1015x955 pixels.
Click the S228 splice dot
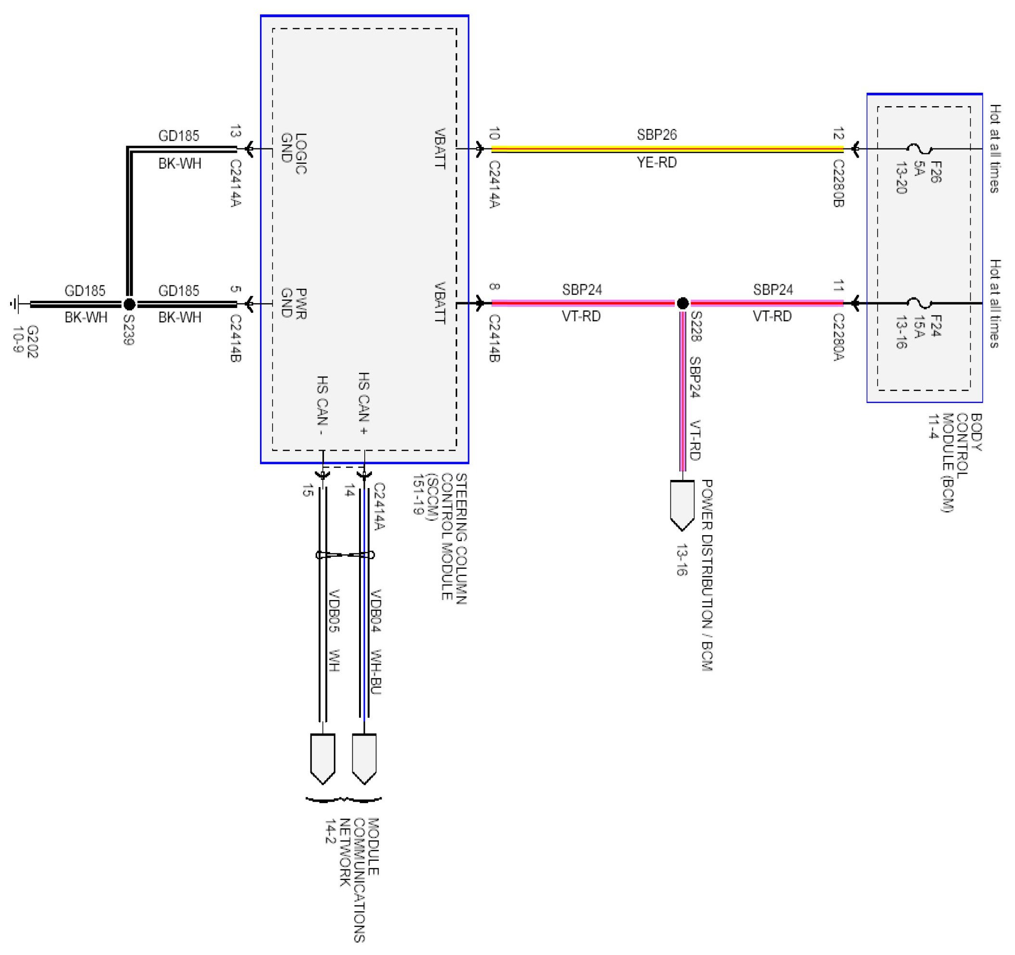click(x=682, y=303)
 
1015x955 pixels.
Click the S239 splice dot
click(x=129, y=304)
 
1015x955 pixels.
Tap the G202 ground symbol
click(x=15, y=304)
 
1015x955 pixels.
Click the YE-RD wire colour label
click(x=656, y=163)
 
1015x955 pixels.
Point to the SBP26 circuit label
click(x=656, y=135)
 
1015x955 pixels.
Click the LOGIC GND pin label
click(x=294, y=153)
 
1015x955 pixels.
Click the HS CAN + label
click(x=363, y=403)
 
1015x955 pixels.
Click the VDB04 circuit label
click(x=376, y=611)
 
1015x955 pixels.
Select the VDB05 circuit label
click(x=334, y=611)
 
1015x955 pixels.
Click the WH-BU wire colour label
click(x=376, y=672)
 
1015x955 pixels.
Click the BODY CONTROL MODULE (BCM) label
click(x=955, y=462)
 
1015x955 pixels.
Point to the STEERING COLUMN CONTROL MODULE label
click(x=447, y=539)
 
